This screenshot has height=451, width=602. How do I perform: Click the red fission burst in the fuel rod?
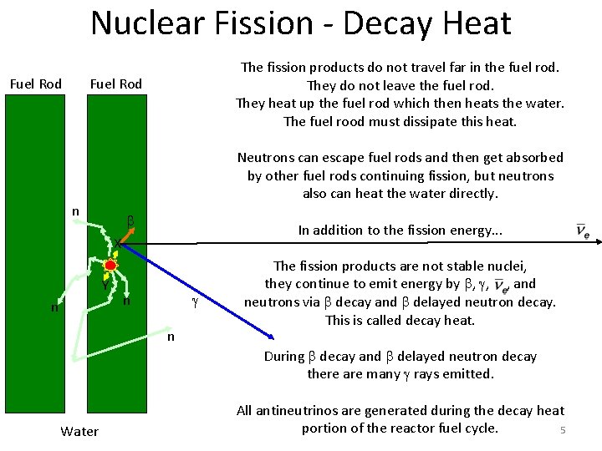(110, 266)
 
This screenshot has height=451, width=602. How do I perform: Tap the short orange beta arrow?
(118, 252)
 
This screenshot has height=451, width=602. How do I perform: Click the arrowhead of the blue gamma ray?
(271, 336)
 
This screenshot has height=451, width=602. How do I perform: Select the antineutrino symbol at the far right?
(583, 231)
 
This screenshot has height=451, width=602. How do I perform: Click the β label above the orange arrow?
(130, 222)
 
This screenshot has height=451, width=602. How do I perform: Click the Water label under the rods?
(79, 431)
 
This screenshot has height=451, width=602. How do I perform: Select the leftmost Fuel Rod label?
(35, 84)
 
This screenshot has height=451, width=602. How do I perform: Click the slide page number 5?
(563, 430)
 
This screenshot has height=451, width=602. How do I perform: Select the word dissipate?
(431, 121)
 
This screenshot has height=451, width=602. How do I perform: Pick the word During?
(284, 356)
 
